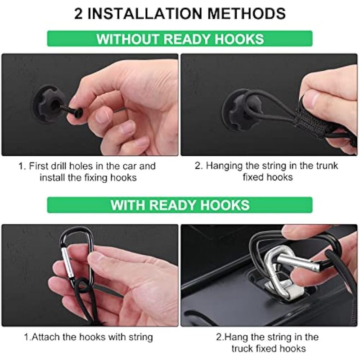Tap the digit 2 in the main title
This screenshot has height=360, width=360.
[x=78, y=13]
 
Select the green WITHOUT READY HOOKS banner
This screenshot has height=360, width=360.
[x=180, y=39]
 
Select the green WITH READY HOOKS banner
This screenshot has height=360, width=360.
[x=180, y=205]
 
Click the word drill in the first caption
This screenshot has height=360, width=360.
[x=59, y=166]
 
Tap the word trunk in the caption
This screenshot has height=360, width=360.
[x=327, y=166]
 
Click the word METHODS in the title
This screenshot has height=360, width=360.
[x=246, y=13]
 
